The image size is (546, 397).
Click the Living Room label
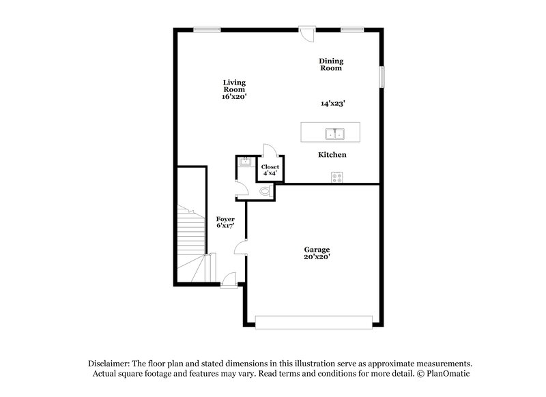coord(233,86)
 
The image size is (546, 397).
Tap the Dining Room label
coord(330,65)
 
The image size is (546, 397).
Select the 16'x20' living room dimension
coord(233,97)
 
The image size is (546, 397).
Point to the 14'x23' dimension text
coord(332,104)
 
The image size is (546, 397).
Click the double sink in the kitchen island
coord(334,133)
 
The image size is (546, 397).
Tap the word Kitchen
coord(332,155)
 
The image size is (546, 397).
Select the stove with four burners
coord(336,176)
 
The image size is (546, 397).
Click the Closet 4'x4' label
coord(270,169)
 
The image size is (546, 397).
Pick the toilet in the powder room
coord(265,192)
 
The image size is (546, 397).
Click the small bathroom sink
coord(244,163)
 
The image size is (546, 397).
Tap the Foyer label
coord(225,219)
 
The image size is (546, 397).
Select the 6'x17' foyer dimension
coord(225,226)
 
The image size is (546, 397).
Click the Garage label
coord(313,250)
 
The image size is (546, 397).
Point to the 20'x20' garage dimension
coord(313,257)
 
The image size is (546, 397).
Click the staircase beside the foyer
coord(192,239)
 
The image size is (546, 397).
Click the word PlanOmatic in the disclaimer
coord(450,374)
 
